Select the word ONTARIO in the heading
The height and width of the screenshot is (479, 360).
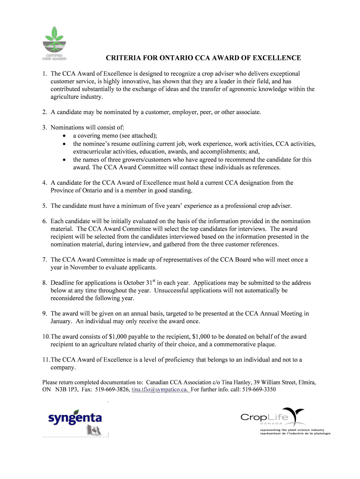[x=166, y=58]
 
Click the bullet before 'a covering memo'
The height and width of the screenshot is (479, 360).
[x=64, y=136]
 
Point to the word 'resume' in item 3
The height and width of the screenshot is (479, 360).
[x=121, y=144]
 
